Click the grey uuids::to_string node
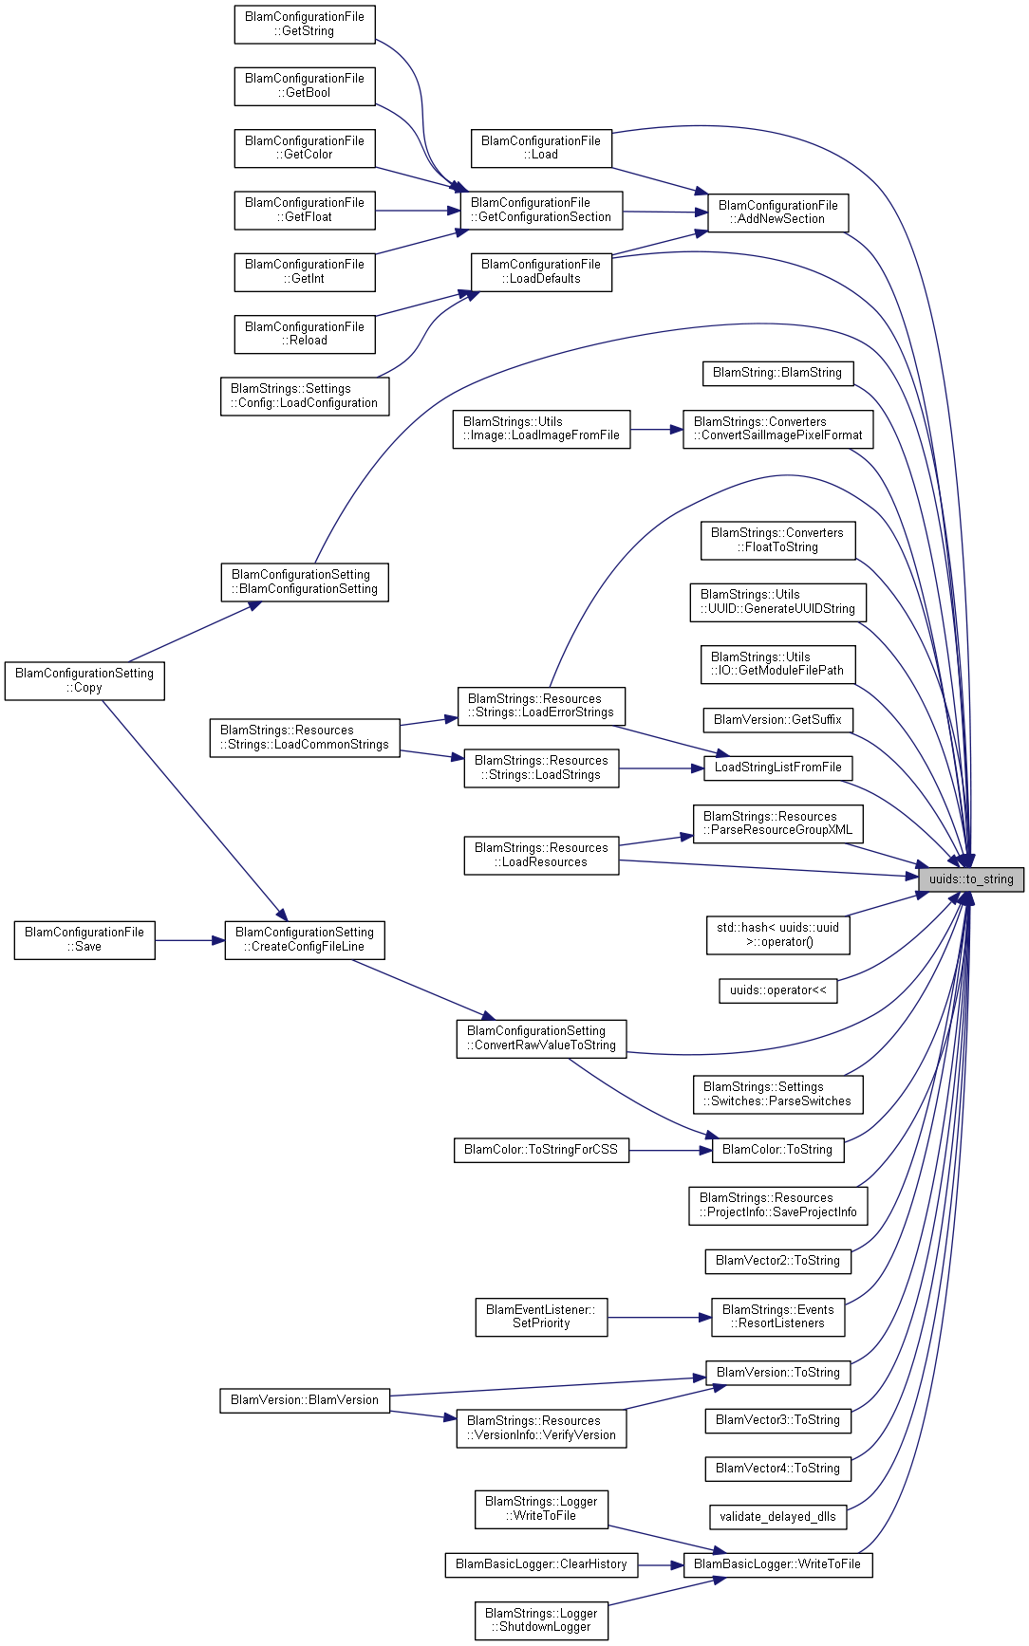(x=971, y=879)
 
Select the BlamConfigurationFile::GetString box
(x=305, y=24)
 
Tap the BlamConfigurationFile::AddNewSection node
(x=777, y=213)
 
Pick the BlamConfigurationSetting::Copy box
(x=84, y=681)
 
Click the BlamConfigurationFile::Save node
(x=84, y=940)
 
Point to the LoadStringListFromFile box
(x=777, y=768)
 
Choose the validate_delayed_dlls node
(x=777, y=1517)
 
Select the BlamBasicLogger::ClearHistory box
(x=541, y=1564)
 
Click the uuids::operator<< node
(x=777, y=990)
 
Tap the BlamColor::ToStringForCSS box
(x=541, y=1150)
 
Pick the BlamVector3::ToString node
(x=777, y=1420)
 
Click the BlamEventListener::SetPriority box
(x=541, y=1317)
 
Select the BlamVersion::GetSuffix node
(x=777, y=720)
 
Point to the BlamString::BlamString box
(x=777, y=373)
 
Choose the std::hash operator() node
(x=777, y=934)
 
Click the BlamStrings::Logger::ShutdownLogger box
(x=541, y=1620)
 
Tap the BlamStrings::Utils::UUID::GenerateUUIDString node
(x=777, y=602)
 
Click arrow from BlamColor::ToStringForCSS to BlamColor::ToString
(x=670, y=1150)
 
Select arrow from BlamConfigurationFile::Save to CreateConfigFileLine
(x=190, y=940)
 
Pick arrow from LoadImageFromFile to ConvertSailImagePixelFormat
(x=656, y=430)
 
